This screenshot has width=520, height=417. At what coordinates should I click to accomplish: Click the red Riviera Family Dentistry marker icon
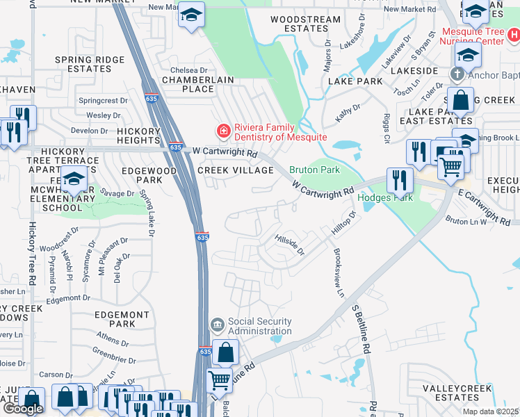[x=222, y=130]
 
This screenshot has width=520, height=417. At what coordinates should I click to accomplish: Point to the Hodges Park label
[x=385, y=197]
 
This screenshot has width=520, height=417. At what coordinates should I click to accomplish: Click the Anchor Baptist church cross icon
[x=457, y=74]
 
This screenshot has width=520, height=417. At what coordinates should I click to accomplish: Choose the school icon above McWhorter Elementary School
[x=74, y=179]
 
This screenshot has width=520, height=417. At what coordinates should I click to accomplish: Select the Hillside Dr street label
[x=290, y=245]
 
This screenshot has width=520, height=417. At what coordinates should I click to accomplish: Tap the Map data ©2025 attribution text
[x=490, y=411]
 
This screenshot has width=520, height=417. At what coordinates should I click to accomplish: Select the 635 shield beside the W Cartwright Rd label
[x=176, y=147]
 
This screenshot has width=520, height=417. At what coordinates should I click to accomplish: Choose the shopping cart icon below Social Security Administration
[x=220, y=380]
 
